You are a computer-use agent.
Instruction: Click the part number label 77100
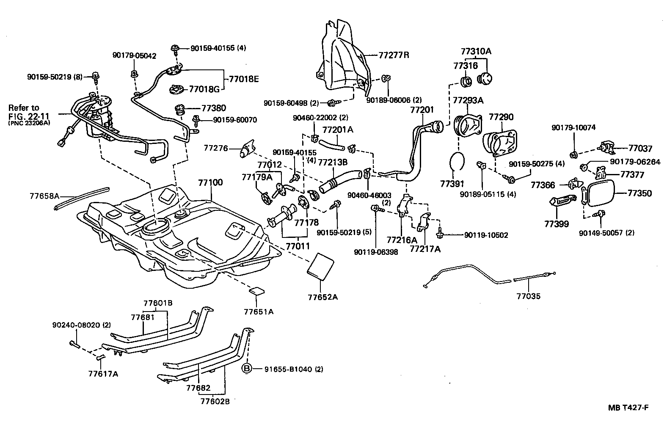[x=210, y=183]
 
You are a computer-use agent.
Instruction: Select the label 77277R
[x=394, y=55]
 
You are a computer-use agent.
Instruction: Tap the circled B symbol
[x=247, y=369]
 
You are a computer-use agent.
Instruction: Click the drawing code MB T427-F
[x=628, y=408]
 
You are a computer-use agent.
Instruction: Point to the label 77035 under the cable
[x=528, y=296]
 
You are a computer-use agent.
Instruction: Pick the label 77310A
[x=476, y=52]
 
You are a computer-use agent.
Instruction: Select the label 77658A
[x=44, y=196]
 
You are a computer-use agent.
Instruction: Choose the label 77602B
[x=215, y=401]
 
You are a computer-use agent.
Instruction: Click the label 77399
[x=556, y=224]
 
